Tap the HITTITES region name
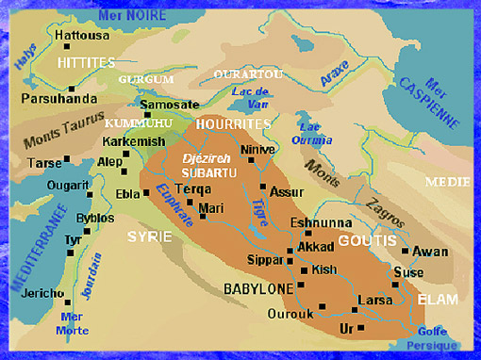[x=85, y=62]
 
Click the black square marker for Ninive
[x=249, y=161]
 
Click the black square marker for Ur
[x=360, y=327]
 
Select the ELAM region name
[x=439, y=300]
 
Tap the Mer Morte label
[x=73, y=323]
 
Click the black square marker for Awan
[x=405, y=251]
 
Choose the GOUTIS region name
[x=361, y=239]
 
